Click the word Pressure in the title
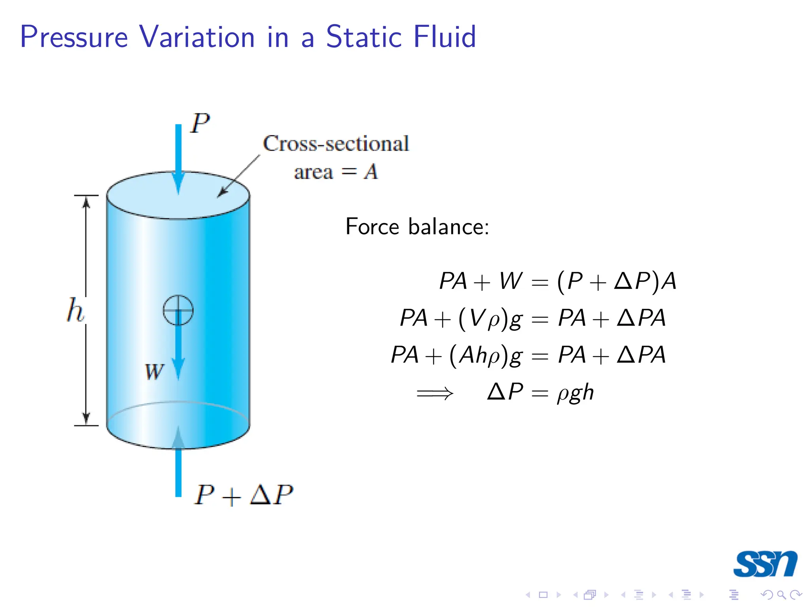point(74,37)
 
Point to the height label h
point(75,310)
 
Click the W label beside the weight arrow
point(154,371)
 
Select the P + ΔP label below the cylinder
point(244,495)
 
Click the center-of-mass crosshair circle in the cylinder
point(178,310)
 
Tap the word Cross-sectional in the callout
point(336,143)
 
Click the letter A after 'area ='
point(371,172)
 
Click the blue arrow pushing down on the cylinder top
point(178,158)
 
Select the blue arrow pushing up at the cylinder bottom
point(178,462)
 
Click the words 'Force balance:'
point(417,227)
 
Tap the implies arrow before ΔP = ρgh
point(435,393)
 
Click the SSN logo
point(765,564)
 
